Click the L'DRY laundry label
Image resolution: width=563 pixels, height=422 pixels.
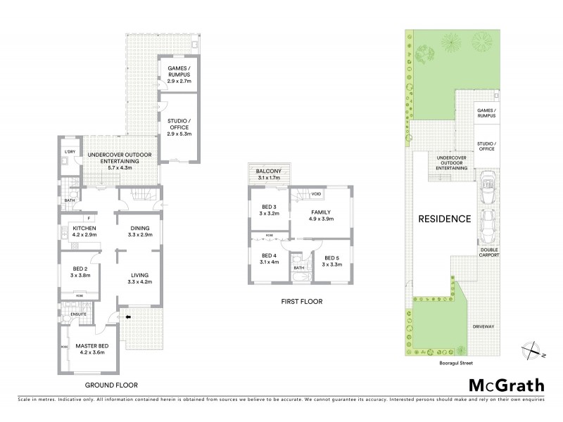point(69,153)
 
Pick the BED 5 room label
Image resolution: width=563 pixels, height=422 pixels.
point(331,261)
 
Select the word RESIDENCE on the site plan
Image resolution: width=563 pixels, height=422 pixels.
point(445,219)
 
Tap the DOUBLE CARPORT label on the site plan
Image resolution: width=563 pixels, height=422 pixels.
point(490,252)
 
